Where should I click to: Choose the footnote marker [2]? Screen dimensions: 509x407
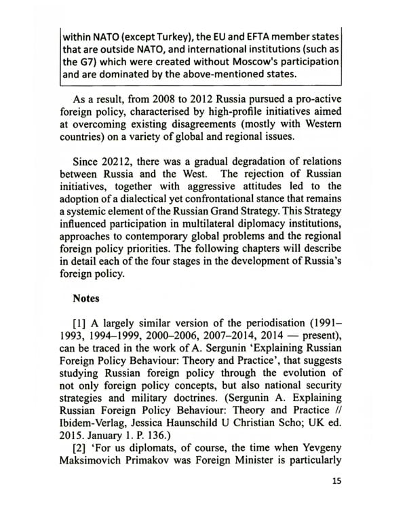point(81,467)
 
